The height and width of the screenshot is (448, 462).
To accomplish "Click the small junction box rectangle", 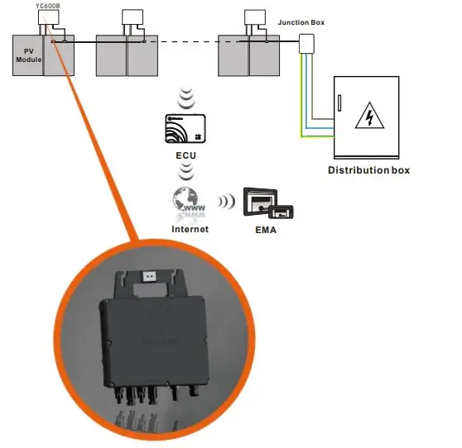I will [x=306, y=43].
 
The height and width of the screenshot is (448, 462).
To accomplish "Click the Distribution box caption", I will [x=368, y=170].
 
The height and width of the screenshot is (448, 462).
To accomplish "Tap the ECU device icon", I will [x=186, y=128].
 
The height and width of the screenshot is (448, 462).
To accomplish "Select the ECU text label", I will [x=186, y=154].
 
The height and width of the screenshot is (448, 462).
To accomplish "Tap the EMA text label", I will [x=265, y=231].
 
